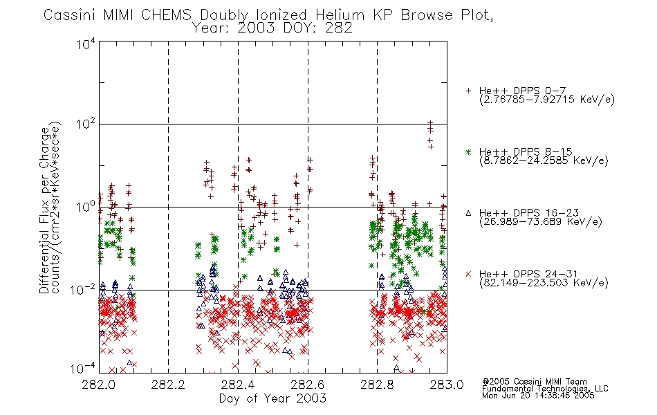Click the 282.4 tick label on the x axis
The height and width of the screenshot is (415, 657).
tap(238, 385)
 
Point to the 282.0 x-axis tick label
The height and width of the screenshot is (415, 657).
tap(99, 385)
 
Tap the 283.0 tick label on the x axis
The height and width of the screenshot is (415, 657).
tap(447, 385)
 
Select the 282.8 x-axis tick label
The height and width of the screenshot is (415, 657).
tap(377, 385)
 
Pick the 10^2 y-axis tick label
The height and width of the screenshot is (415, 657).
tap(86, 124)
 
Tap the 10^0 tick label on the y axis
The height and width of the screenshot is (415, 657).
tap(86, 207)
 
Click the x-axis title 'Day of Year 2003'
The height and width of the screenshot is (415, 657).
tap(272, 398)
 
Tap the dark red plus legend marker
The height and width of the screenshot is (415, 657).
tap(468, 91)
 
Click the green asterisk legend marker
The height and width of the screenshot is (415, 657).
tap(468, 151)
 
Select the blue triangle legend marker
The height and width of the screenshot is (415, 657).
tap(468, 213)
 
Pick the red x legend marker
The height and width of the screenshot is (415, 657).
tap(468, 274)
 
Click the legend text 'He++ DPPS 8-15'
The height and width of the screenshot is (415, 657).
tap(526, 151)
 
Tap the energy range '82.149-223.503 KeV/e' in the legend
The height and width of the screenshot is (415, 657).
tap(544, 283)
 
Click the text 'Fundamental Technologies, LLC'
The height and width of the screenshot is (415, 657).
tap(545, 389)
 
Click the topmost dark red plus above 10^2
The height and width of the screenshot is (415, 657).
tap(430, 123)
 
